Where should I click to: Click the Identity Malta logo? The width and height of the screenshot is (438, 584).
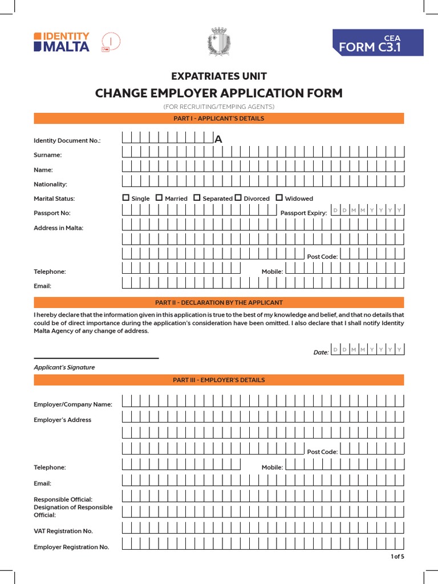[62, 42]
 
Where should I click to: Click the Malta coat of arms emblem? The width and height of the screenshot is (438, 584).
[218, 42]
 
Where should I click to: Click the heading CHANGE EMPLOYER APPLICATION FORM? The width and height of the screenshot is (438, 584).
[219, 93]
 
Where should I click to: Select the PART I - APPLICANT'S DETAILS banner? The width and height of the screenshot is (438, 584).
[219, 119]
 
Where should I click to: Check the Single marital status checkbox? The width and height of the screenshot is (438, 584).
[126, 198]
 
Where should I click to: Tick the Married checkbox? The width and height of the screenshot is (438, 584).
[159, 198]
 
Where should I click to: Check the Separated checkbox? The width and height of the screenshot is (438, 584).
[197, 198]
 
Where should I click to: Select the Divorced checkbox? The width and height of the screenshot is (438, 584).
[238, 198]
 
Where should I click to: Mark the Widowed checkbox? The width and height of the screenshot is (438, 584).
[279, 198]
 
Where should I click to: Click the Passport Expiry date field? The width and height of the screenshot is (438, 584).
[367, 210]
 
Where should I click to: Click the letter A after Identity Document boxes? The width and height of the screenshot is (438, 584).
[218, 140]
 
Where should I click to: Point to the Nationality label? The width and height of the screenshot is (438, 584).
[51, 184]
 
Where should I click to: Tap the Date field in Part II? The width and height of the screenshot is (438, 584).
[367, 350]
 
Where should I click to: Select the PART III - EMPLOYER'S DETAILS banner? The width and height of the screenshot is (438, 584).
[219, 380]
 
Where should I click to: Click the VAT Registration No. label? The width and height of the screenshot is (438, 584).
[63, 531]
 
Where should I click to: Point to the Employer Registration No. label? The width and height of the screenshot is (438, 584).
[71, 547]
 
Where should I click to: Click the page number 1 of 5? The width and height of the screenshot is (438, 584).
[397, 557]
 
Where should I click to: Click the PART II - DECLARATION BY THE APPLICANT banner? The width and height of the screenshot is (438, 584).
[219, 302]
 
